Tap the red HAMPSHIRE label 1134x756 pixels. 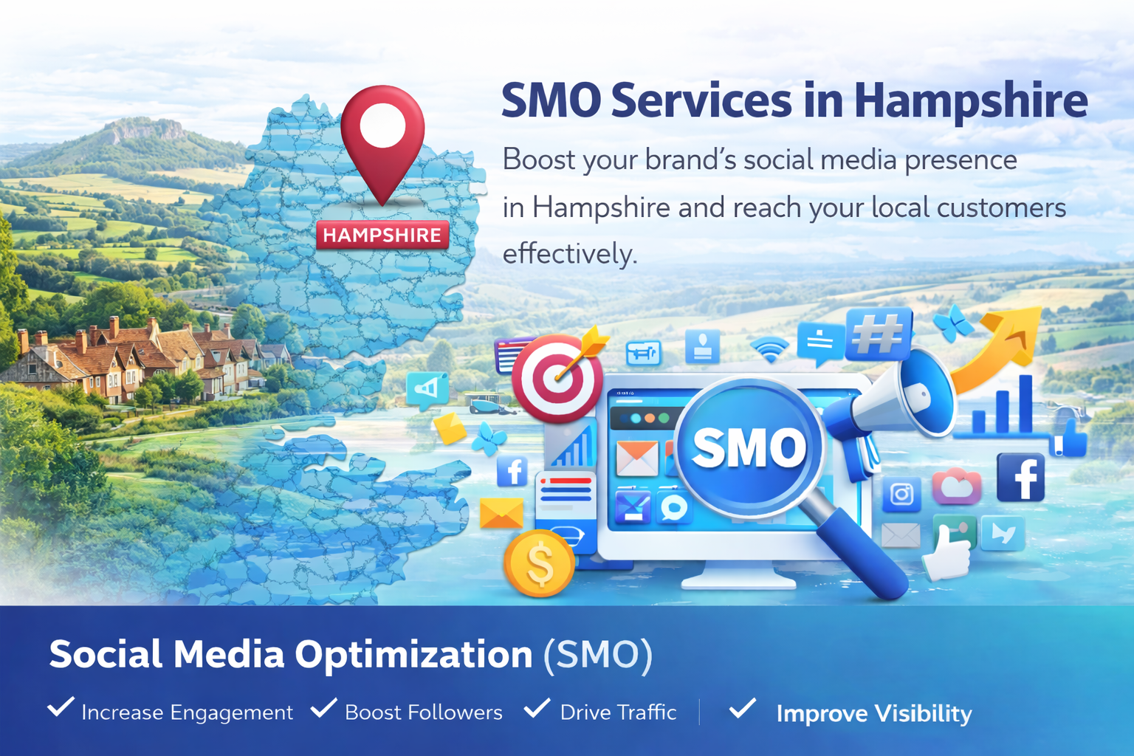pyautogui.click(x=382, y=235)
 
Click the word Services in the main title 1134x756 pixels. pyautogui.click(x=701, y=100)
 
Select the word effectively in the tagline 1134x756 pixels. pyautogui.click(x=569, y=253)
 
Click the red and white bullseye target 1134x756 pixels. pyautogui.click(x=557, y=378)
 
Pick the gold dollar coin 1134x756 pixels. pyautogui.click(x=540, y=563)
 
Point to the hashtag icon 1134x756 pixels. pyautogui.click(x=879, y=334)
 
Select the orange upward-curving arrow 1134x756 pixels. pyautogui.click(x=994, y=349)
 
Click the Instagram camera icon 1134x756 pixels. pyautogui.click(x=901, y=494)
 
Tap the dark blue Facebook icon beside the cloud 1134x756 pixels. pyautogui.click(x=1020, y=478)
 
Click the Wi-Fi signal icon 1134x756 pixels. pyautogui.click(x=769, y=349)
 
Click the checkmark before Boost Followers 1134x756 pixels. pyautogui.click(x=324, y=707)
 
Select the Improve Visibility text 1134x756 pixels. pyautogui.click(x=874, y=713)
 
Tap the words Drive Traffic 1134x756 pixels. pyautogui.click(x=618, y=712)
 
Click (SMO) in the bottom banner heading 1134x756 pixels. pyautogui.click(x=598, y=656)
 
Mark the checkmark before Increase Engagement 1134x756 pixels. pyautogui.click(x=61, y=707)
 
